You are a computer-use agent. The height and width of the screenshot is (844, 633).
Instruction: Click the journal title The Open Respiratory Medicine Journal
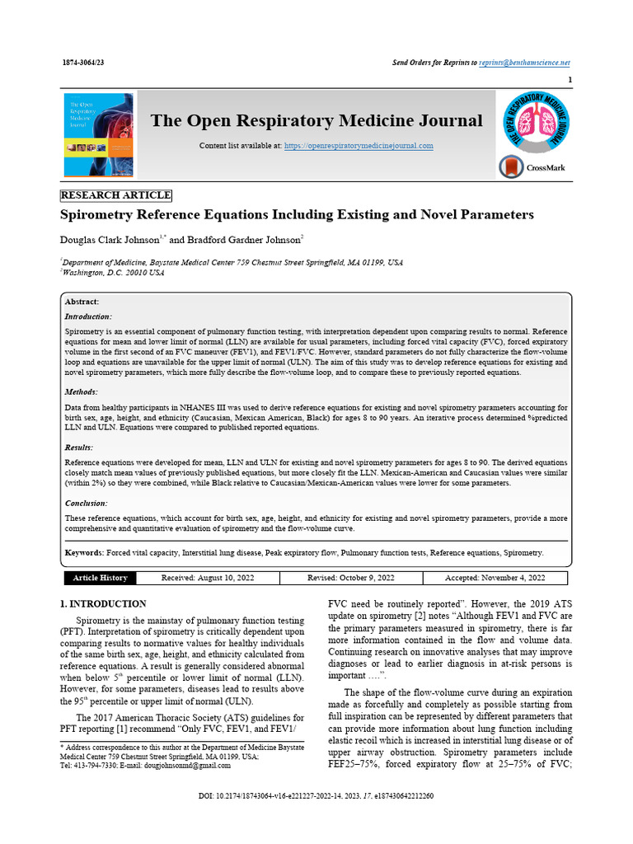point(316,121)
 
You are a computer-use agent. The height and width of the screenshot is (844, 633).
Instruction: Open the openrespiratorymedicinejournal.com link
point(359,146)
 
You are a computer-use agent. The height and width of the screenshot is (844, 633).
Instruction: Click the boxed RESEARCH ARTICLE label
point(116,195)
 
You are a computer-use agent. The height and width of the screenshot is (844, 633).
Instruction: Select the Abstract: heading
point(82,302)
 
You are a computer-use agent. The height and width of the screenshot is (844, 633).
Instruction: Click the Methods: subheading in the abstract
point(82,392)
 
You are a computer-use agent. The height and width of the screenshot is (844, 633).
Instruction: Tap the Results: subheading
point(80,448)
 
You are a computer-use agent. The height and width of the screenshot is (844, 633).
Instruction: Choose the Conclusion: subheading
point(86,503)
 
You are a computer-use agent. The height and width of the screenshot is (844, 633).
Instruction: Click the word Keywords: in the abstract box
point(84,552)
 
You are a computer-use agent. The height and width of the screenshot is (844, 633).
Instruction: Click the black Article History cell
point(100,578)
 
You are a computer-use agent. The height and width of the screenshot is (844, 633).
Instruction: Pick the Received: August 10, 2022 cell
point(207,578)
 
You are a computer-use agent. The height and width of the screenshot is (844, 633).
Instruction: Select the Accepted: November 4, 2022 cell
point(495,578)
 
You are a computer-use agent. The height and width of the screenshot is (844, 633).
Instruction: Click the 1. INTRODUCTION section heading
point(105,603)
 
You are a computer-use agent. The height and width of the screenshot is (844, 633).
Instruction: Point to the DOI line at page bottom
point(316,796)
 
